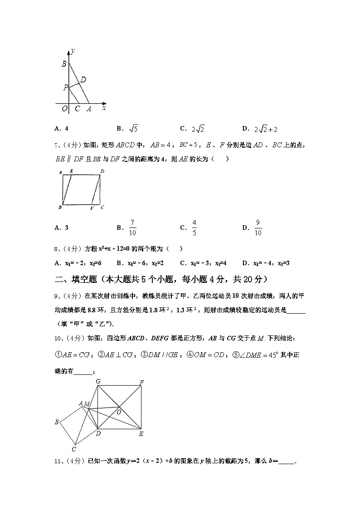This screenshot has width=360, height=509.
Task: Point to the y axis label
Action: point(73,51)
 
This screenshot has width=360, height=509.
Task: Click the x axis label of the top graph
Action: point(104,108)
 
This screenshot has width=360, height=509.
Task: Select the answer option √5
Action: point(133,129)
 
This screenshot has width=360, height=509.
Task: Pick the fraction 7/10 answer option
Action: point(132,228)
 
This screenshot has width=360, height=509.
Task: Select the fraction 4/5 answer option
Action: point(194,228)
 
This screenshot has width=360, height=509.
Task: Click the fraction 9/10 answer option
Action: point(258,228)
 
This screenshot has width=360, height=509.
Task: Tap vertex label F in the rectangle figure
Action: point(92,208)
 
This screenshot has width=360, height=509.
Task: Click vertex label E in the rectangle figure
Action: point(71,171)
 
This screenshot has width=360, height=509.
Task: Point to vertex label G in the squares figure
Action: point(98,381)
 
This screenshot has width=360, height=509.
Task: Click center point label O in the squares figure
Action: point(119,412)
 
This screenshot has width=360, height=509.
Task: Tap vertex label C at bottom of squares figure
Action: point(73,449)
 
